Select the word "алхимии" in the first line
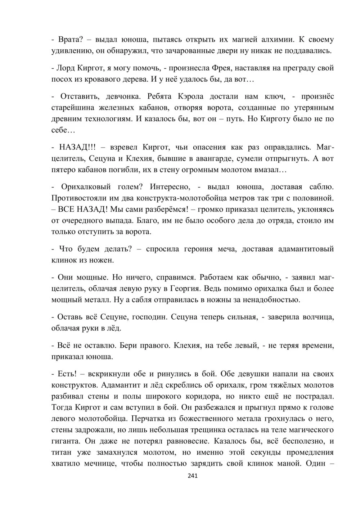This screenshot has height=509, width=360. pos(277,39)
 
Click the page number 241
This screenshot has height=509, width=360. pos(193,476)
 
